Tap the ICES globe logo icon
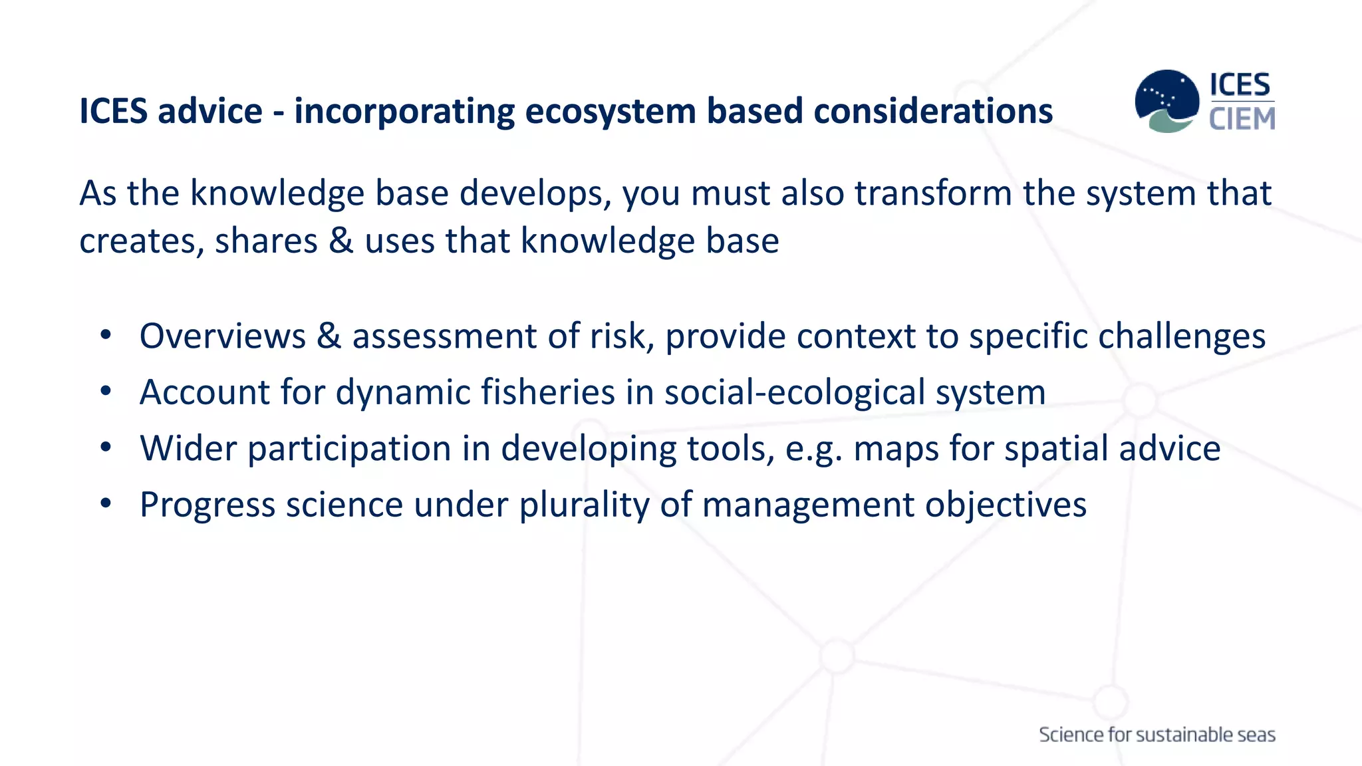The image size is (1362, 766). pyautogui.click(x=1166, y=101)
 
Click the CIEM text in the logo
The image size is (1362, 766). pyautogui.click(x=1242, y=120)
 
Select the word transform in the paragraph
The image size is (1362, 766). pyautogui.click(x=933, y=193)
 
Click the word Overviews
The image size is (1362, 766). pyautogui.click(x=222, y=336)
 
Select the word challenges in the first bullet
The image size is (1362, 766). pyautogui.click(x=1181, y=336)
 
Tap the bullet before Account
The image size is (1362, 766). pyautogui.click(x=106, y=392)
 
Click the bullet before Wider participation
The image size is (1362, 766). pyautogui.click(x=106, y=447)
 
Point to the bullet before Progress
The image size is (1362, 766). pyautogui.click(x=106, y=504)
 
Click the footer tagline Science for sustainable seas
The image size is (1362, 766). pyautogui.click(x=1157, y=735)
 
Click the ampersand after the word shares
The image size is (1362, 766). pyautogui.click(x=341, y=241)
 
